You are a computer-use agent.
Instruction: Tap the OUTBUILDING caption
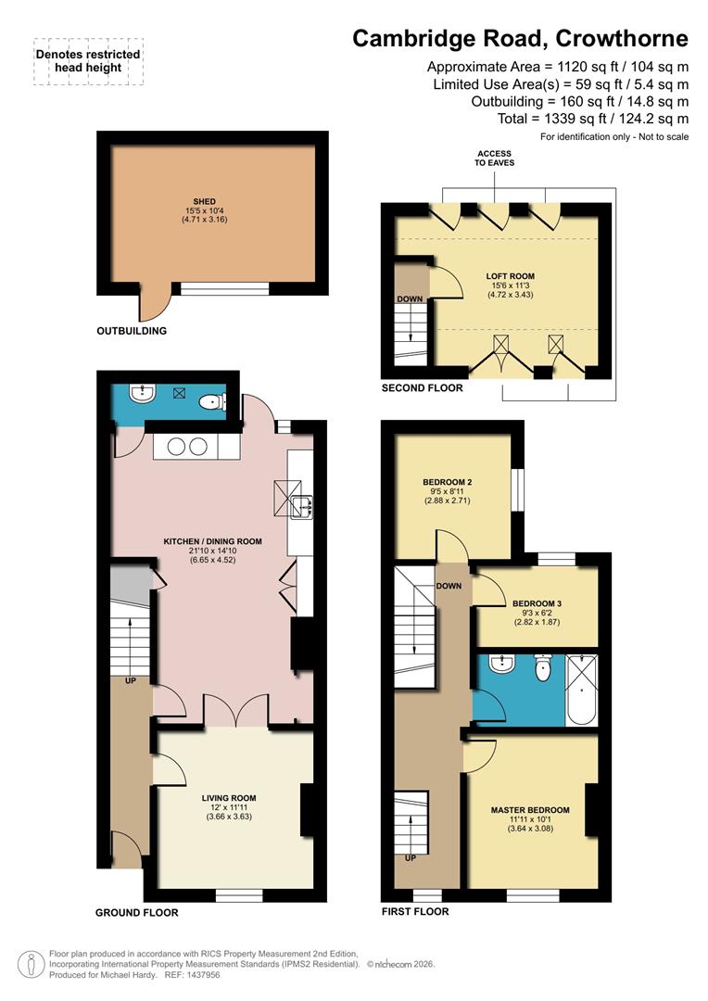click(132, 331)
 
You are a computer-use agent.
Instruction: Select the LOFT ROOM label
click(511, 276)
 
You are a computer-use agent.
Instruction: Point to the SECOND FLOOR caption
click(422, 388)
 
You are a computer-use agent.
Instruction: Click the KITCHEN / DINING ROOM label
click(213, 541)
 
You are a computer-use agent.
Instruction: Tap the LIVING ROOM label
click(229, 797)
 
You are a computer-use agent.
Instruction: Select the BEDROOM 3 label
click(537, 603)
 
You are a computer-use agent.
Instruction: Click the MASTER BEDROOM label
click(530, 810)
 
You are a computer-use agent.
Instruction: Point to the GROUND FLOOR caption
click(136, 913)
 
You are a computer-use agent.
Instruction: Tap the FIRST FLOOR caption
click(415, 912)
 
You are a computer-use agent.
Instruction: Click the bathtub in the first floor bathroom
click(582, 689)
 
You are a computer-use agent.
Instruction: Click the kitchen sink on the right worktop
click(301, 506)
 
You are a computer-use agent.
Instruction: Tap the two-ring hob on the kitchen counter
click(185, 446)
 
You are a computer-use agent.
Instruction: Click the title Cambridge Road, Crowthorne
click(521, 39)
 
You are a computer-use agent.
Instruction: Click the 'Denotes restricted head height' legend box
click(88, 61)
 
